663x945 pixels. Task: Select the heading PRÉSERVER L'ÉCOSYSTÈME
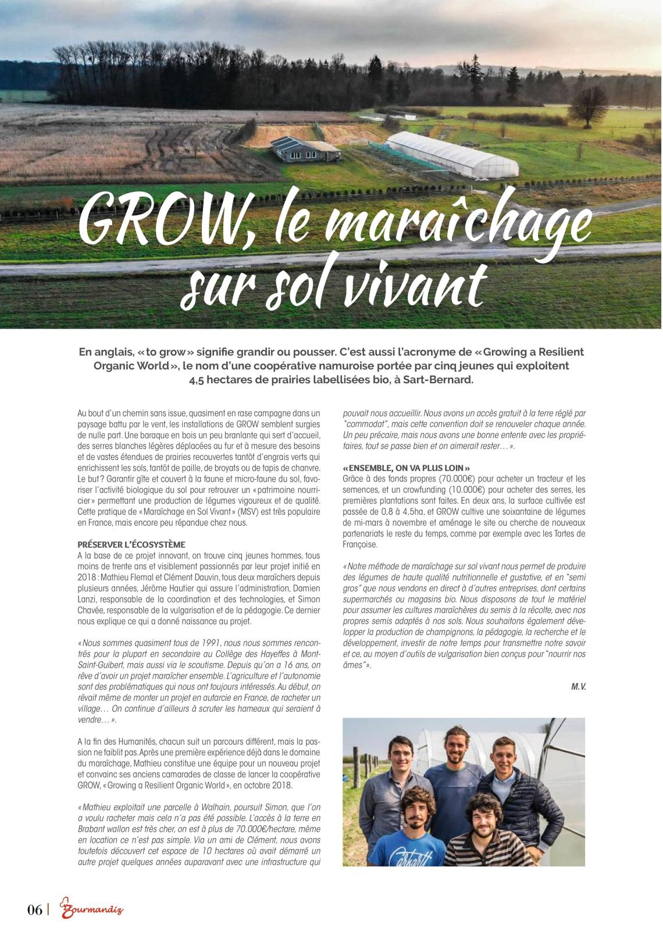click(131, 545)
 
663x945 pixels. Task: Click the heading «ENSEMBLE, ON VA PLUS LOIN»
click(407, 468)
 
